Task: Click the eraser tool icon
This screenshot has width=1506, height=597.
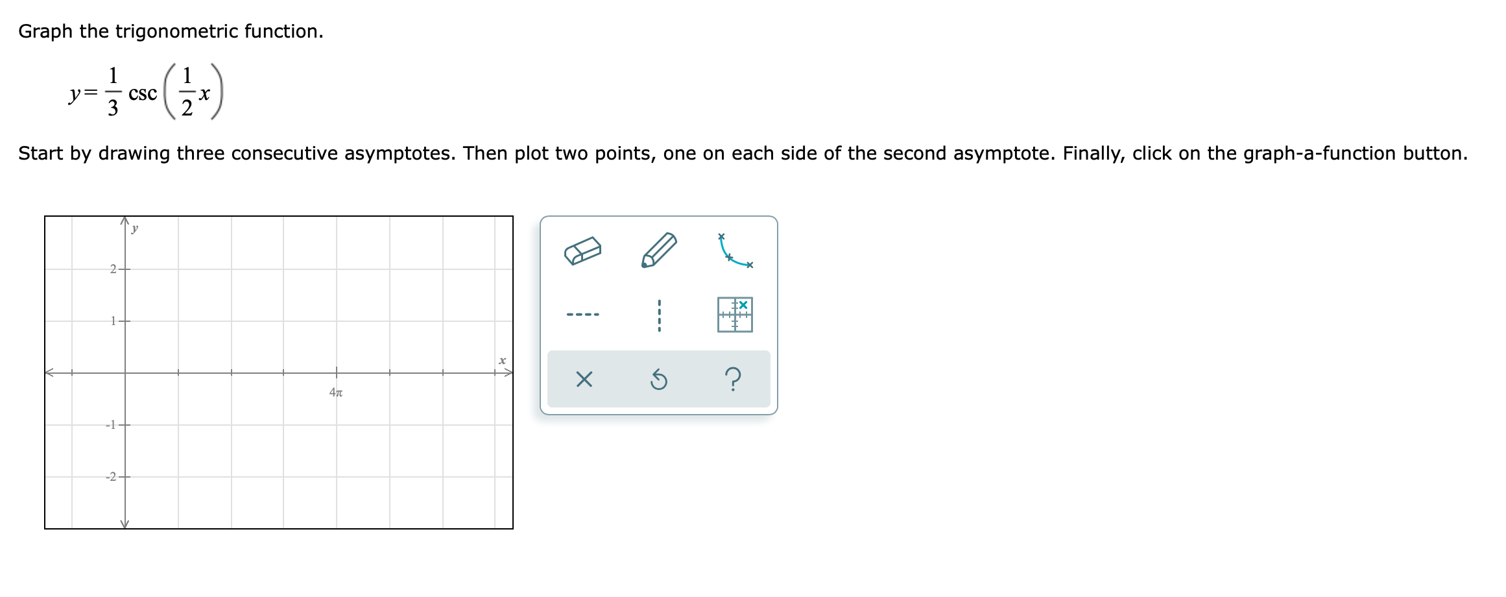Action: (x=582, y=250)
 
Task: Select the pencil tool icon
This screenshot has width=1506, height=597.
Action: (x=659, y=250)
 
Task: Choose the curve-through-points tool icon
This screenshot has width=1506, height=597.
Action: (x=735, y=250)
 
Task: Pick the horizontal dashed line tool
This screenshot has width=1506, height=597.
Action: (x=582, y=315)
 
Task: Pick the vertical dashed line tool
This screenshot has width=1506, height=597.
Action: (x=659, y=315)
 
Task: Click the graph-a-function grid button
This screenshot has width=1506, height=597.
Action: (x=735, y=315)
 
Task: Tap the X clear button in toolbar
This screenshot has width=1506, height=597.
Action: (x=584, y=379)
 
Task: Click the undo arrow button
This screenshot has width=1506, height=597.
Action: (x=658, y=379)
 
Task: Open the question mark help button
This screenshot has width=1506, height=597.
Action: (x=733, y=378)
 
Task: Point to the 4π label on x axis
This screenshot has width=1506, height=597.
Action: (x=336, y=392)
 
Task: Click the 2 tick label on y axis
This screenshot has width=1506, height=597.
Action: (x=113, y=269)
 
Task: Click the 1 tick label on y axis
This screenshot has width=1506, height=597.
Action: (x=113, y=321)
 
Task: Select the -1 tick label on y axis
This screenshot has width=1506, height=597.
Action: (x=111, y=424)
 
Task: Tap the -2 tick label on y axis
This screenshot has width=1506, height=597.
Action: (x=111, y=476)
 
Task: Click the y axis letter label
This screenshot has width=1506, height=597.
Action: (x=135, y=228)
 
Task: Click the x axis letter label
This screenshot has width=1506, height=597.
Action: (x=502, y=360)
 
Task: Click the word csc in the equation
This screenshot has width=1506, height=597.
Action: (x=143, y=93)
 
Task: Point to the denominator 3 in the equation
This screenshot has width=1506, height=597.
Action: (x=113, y=108)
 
